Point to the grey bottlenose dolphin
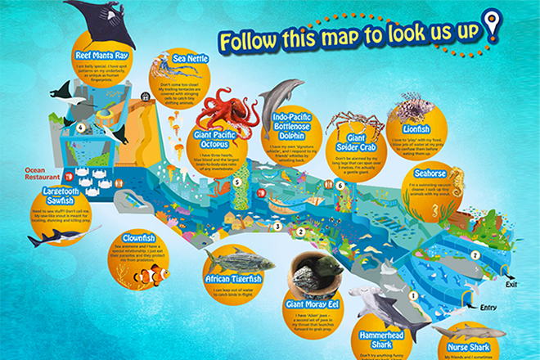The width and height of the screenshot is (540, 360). pos(272,98)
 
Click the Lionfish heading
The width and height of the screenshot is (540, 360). pos(422,128)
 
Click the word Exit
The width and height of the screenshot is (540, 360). pos(512,286)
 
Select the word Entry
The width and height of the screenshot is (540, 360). pos(488,308)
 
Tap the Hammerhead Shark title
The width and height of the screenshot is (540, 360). pos(380,340)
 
